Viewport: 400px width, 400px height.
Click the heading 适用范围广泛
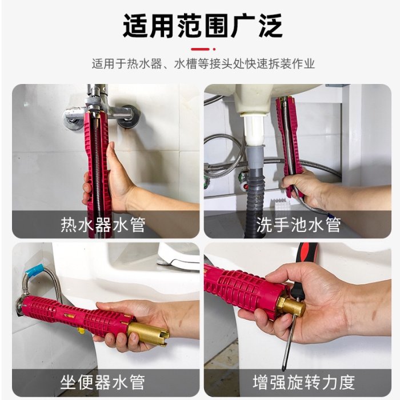tap(202, 26)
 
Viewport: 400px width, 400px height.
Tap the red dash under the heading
tap(200, 49)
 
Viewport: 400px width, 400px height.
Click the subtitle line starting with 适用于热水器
tap(203, 64)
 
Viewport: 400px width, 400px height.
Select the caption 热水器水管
tap(103, 225)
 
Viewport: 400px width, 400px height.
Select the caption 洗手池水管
tap(298, 225)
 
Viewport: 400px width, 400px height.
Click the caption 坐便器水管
tap(103, 382)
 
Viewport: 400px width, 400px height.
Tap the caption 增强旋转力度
tap(304, 382)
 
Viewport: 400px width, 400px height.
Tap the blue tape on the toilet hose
tap(35, 270)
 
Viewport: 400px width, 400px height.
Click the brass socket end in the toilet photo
tap(147, 333)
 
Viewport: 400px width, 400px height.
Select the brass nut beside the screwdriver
tap(293, 307)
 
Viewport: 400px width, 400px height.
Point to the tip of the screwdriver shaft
tap(283, 370)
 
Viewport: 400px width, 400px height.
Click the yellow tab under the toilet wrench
tap(81, 331)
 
